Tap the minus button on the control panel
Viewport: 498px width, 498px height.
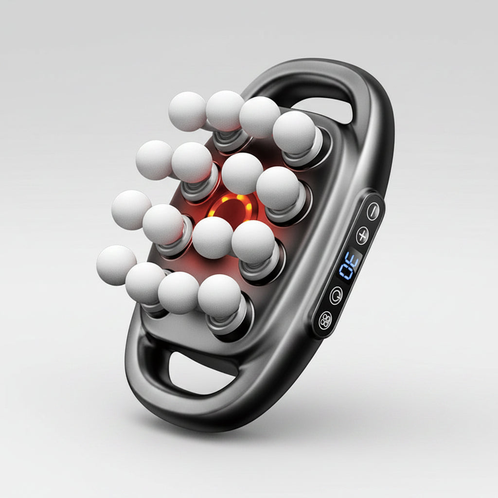click(373, 211)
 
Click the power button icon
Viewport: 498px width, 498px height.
click(337, 295)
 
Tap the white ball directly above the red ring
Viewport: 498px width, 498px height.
click(242, 174)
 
